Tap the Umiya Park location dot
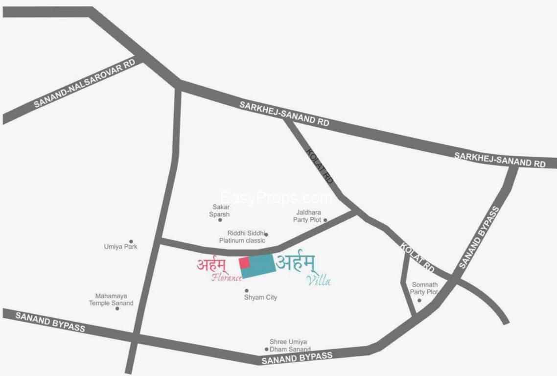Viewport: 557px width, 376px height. click(131, 241)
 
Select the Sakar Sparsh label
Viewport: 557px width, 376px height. click(219, 211)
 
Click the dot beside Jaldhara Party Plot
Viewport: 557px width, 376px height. click(325, 220)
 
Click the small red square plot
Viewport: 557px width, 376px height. click(244, 262)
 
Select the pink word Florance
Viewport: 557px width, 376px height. click(227, 278)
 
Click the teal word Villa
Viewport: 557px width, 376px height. click(318, 281)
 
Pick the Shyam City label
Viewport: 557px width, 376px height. click(260, 297)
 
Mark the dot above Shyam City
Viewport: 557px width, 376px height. click(247, 290)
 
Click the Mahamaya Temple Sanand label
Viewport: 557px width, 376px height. click(111, 300)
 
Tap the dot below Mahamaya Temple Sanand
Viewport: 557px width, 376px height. click(117, 308)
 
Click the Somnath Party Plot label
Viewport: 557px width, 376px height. click(424, 288)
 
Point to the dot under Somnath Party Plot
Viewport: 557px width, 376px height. click(419, 300)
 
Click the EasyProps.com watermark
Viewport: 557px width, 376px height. click(277, 198)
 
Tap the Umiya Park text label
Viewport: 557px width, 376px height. click(120, 247)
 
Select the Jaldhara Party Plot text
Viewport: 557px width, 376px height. click(307, 216)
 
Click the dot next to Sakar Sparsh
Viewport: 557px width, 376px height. click(220, 220)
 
